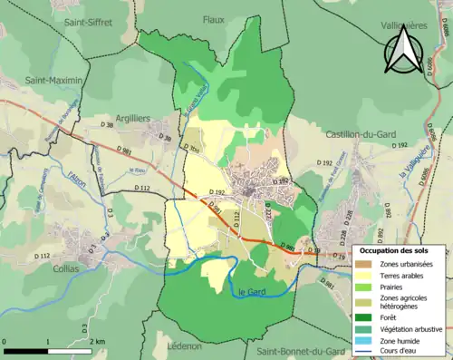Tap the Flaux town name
pos(214,19)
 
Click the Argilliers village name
pos(134,118)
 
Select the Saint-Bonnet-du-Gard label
pos(300,350)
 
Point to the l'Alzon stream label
pos(81,170)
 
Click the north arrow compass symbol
pos(401,50)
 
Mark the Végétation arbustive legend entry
pos(402,328)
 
